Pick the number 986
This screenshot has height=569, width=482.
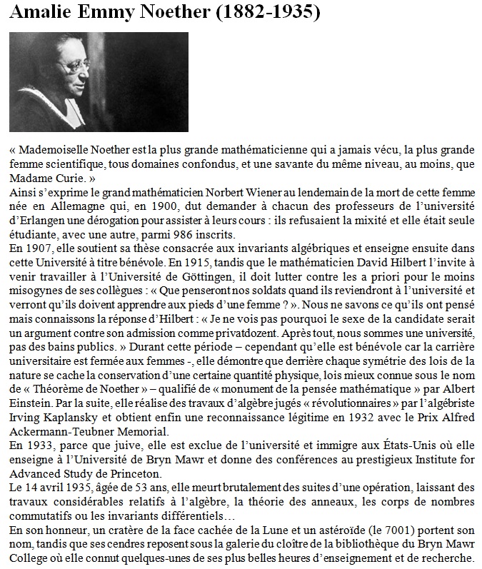pyautogui.click(x=187, y=235)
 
